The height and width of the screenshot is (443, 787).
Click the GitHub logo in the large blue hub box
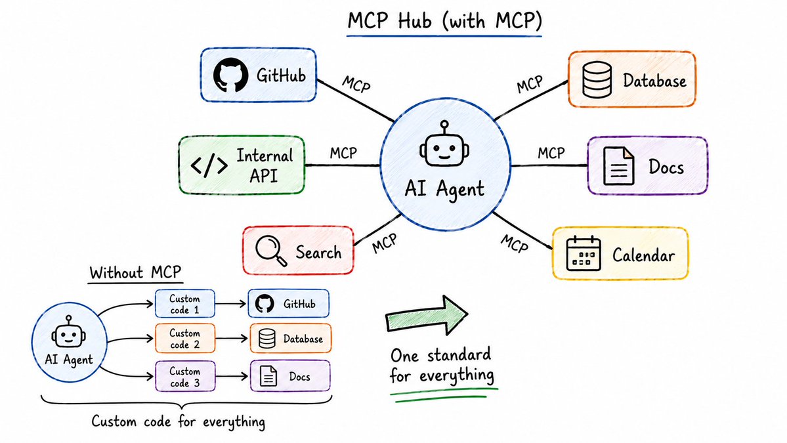231,75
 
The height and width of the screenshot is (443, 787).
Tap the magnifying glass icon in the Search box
271,250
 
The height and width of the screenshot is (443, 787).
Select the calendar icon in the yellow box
584,254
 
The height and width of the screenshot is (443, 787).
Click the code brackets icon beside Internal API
209,165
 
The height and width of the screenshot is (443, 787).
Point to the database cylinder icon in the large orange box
597,79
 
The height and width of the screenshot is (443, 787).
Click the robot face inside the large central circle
444,146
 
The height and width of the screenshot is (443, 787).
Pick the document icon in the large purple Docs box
618,166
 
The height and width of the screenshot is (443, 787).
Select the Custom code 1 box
184,303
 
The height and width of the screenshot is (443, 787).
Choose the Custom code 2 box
184,339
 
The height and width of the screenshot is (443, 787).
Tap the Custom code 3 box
184,377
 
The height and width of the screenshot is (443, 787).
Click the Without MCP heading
135,272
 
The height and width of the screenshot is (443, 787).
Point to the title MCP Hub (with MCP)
444,21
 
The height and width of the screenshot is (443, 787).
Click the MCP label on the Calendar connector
515,244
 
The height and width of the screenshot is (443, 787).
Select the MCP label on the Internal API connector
343,153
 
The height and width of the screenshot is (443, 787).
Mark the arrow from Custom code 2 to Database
232,339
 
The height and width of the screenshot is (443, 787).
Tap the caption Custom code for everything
178,422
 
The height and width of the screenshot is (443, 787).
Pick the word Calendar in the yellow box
643,255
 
